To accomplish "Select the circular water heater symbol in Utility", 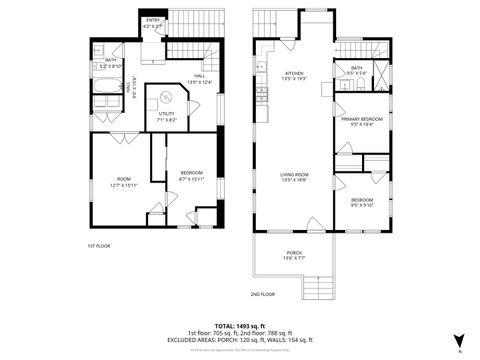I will [x=165, y=97].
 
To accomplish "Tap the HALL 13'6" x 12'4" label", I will [x=199, y=79].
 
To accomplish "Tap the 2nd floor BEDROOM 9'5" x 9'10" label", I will [x=362, y=202].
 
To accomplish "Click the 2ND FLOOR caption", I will [x=262, y=294].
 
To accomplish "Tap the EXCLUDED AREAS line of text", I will [x=239, y=340].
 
